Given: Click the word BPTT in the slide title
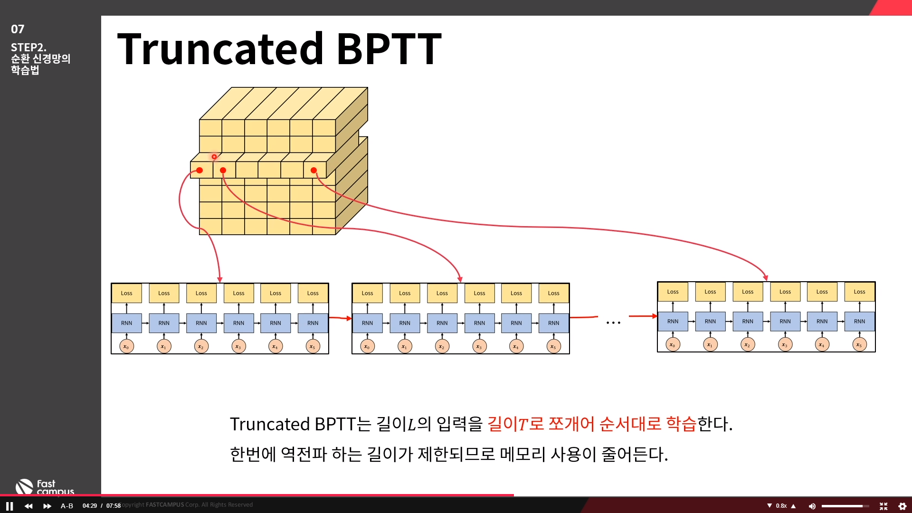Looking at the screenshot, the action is [389, 48].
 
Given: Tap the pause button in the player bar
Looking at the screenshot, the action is [9, 506].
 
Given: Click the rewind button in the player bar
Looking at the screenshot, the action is [28, 506].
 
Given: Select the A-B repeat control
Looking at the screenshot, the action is [67, 506].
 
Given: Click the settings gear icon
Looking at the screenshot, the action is [902, 506].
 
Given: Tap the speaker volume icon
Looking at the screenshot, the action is [812, 506].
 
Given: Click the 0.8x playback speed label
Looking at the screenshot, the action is [781, 506].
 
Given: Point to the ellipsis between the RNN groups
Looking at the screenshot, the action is [613, 323].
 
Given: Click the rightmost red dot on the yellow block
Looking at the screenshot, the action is [313, 170].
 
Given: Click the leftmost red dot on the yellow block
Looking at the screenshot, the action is [199, 170].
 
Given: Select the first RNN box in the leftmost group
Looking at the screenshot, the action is [126, 323].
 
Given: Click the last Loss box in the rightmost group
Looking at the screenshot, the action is [859, 292].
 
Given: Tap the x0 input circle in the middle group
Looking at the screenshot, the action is [367, 346].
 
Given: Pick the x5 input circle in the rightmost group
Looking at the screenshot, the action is [859, 344].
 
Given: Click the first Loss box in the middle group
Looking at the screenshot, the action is [367, 293].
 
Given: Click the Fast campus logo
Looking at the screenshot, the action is [45, 487].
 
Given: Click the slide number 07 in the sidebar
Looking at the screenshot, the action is [18, 29].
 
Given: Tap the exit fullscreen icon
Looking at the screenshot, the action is [883, 506].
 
